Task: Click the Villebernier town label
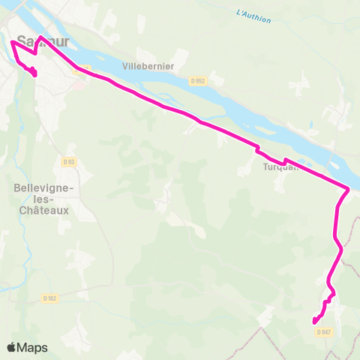pyautogui.click(x=155, y=67)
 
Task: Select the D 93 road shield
pyautogui.click(x=69, y=161)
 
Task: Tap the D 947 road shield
pyautogui.click(x=324, y=332)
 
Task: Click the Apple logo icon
pyautogui.click(x=13, y=347)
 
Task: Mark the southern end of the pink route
pyautogui.click(x=314, y=322)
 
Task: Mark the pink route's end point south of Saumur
pyautogui.click(x=34, y=73)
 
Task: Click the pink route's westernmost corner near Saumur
pyautogui.click(x=11, y=42)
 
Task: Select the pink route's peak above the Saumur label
pyautogui.click(x=39, y=35)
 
